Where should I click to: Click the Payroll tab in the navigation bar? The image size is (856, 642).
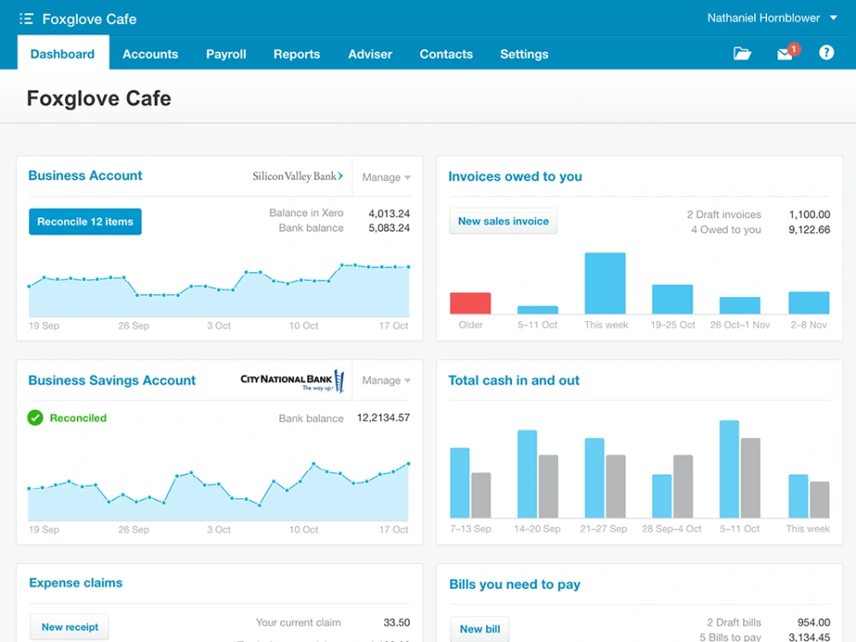point(226,54)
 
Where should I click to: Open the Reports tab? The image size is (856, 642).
point(296,54)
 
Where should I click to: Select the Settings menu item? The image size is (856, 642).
point(524,54)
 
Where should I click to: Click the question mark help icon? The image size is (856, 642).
point(826,52)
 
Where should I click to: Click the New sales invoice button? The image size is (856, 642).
point(502,221)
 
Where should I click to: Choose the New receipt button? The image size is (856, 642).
point(69,627)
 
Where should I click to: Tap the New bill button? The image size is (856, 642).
point(479,629)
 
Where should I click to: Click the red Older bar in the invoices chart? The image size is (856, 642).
point(470,303)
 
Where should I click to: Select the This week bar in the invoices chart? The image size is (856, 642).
point(605,283)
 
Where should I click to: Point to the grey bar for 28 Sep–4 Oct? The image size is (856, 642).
point(683,486)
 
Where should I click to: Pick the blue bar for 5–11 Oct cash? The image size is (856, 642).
point(729,469)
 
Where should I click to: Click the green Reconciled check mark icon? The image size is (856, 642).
point(35,418)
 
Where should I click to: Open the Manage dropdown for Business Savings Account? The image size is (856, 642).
point(386,381)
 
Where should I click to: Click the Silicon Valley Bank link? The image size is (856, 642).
point(298,175)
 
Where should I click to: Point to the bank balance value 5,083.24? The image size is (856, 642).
point(389,228)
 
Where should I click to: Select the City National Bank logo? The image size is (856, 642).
point(293,381)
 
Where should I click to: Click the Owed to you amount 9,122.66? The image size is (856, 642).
point(809,229)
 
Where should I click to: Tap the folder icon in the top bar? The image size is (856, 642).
point(742,53)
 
